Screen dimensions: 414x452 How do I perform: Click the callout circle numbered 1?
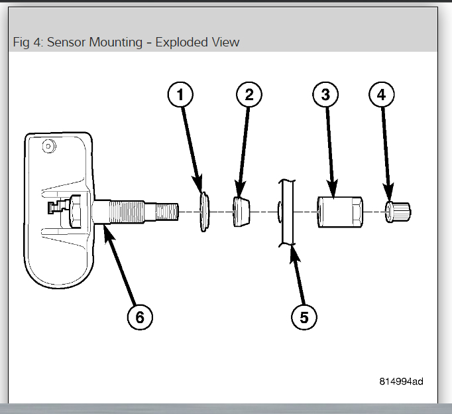pos(180,95)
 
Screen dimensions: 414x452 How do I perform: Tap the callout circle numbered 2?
pos(249,95)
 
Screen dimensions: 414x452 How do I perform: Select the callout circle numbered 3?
pos(325,95)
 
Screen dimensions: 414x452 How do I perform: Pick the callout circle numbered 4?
pos(380,95)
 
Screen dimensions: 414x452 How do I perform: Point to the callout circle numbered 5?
pos(304,316)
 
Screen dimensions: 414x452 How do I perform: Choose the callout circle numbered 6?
pos(140,316)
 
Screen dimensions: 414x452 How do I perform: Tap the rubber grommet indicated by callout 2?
pos(242,211)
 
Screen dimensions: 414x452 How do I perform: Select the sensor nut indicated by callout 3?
pos(338,212)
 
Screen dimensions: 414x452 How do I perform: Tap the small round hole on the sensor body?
pos(48,146)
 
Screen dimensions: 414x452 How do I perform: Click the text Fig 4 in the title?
pos(27,42)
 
